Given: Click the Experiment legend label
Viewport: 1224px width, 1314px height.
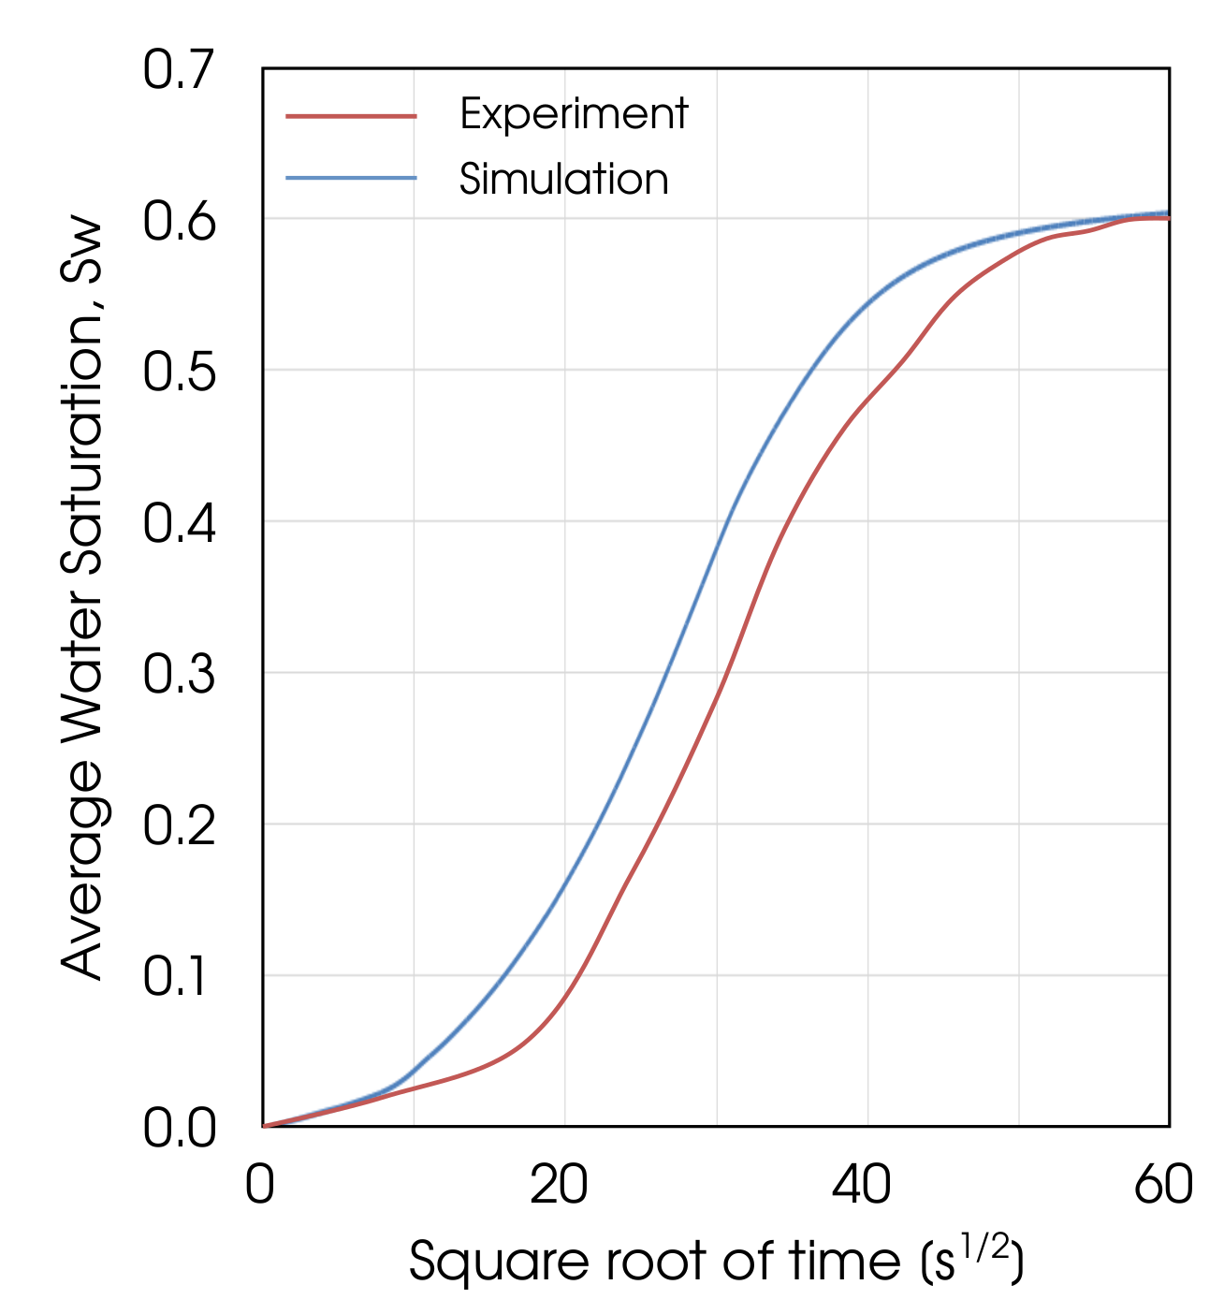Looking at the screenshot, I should tap(574, 114).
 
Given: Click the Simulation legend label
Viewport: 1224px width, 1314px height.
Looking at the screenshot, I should tap(563, 179).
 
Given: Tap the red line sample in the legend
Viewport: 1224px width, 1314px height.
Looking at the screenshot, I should tap(351, 116).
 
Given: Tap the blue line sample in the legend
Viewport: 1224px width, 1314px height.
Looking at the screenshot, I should tap(351, 178).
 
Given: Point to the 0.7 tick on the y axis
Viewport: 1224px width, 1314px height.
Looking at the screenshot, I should tap(179, 70).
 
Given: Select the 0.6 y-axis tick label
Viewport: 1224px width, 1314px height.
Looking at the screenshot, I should tap(179, 222).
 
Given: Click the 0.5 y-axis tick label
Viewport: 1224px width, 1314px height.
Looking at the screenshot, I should tap(179, 372).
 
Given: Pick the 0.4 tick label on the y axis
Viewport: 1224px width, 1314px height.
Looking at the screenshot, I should tap(179, 524).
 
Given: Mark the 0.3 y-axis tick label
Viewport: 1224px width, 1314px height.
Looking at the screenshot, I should tap(179, 675).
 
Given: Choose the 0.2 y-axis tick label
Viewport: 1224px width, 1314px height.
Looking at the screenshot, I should tap(179, 826).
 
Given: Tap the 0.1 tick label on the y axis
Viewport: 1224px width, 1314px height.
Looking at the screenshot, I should tap(179, 977).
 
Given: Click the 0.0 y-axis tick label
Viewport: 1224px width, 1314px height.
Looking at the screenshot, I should tap(179, 1129).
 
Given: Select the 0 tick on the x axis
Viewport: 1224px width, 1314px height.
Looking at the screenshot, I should tap(260, 1185).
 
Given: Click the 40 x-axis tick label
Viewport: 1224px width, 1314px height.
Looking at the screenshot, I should tap(862, 1185).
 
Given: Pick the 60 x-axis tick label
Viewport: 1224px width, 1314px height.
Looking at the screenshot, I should tap(1163, 1185).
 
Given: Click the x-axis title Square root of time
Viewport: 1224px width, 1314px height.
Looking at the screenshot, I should tap(716, 1262).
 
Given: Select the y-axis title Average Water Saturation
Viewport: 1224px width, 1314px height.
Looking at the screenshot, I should tap(81, 599).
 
